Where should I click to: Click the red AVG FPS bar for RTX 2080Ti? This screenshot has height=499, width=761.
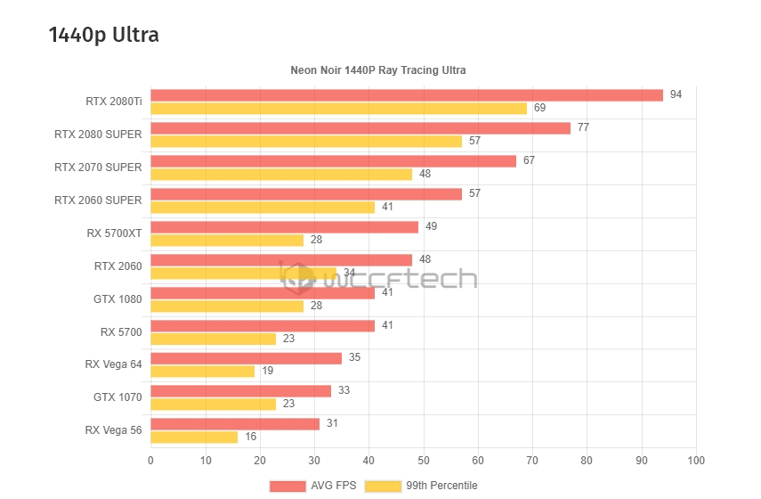tap(407, 95)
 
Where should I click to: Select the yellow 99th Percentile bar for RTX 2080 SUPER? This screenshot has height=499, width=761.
tap(306, 141)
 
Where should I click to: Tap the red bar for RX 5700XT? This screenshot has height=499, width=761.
tap(284, 227)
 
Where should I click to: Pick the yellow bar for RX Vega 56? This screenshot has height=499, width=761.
tap(194, 437)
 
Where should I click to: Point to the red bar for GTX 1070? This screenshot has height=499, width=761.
tap(240, 390)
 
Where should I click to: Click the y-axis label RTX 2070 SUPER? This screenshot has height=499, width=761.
tap(98, 167)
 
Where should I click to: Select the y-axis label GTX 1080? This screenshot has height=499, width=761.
tap(117, 299)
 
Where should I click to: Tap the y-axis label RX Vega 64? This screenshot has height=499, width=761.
tap(113, 364)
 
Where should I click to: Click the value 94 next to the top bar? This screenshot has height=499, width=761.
tap(676, 94)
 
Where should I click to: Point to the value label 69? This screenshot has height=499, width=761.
tap(539, 108)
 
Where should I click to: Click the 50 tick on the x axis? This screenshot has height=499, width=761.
tap(424, 461)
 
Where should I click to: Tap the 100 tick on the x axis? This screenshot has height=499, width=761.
tap(697, 461)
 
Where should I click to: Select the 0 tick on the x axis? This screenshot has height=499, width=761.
tap(150, 461)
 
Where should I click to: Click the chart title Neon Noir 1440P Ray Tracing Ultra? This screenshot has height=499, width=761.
tap(378, 70)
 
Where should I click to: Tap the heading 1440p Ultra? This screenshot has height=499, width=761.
tap(104, 35)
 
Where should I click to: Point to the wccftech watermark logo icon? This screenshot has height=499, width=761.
tap(298, 278)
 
